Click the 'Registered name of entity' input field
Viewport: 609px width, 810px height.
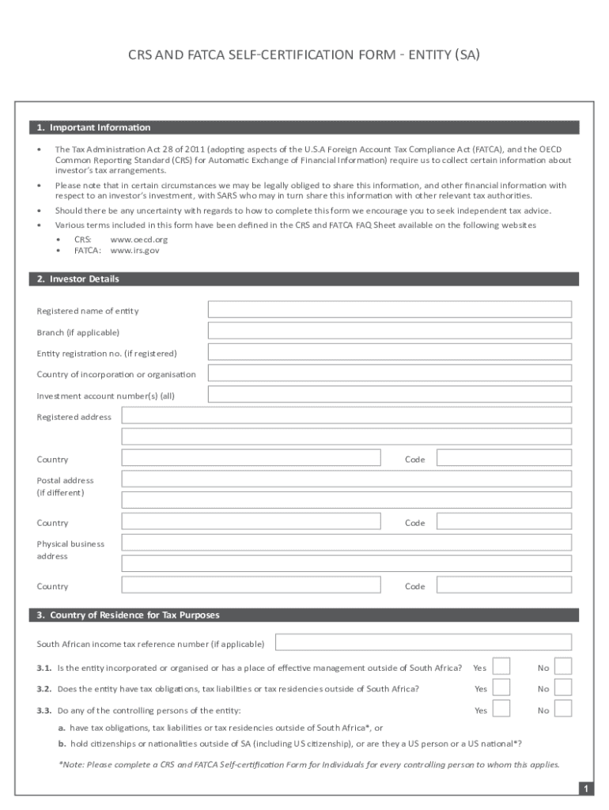[x=389, y=310]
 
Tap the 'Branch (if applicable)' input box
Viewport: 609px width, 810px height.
[x=389, y=331]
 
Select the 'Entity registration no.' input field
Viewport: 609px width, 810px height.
[x=389, y=353]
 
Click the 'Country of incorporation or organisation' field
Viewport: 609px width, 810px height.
[x=389, y=373]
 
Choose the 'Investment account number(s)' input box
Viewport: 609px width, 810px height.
[x=389, y=395]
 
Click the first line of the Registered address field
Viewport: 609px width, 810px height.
[x=346, y=416]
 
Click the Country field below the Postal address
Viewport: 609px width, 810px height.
[x=251, y=522]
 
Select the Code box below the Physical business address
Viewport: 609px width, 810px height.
[x=504, y=585]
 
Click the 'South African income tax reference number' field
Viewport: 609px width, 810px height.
[x=422, y=643]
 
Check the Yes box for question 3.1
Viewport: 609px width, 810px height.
[x=501, y=667]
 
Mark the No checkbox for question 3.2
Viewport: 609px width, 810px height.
[x=563, y=688]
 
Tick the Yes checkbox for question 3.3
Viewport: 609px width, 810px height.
[x=501, y=710]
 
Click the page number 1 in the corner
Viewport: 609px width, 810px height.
[x=585, y=789]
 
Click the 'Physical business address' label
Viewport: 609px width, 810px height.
[x=70, y=550]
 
